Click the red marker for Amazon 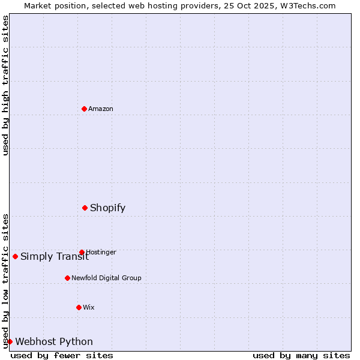point(84,109)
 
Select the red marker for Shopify point(85,208)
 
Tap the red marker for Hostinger point(82,252)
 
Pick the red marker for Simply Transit point(15,256)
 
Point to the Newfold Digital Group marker point(67,278)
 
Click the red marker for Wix point(79,307)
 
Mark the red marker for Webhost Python point(10,341)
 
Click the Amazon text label point(101,109)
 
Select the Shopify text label point(108,208)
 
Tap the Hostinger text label point(101,253)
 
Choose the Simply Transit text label point(55,257)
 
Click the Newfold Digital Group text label point(106,278)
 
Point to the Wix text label point(89,308)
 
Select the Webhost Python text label point(54,342)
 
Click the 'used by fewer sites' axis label point(62,356)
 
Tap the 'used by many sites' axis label point(301,356)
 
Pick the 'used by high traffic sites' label point(5,85)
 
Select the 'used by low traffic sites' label point(5,281)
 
